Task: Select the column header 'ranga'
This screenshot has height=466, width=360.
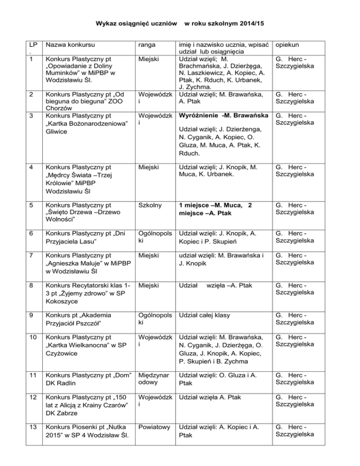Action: [147, 45]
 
